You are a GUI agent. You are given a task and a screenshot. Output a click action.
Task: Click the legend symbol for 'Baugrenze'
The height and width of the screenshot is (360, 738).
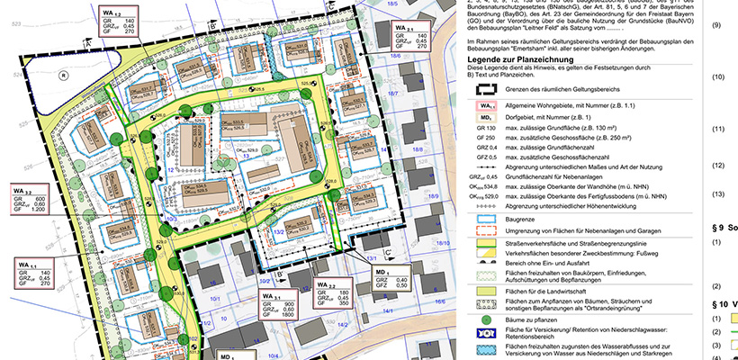484,218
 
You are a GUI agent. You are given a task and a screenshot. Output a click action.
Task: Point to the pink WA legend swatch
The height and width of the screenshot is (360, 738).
484,105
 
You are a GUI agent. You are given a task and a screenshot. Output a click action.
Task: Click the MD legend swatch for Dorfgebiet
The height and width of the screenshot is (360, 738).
484,117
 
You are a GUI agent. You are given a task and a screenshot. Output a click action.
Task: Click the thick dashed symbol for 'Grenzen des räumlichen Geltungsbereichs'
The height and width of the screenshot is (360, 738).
484,93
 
